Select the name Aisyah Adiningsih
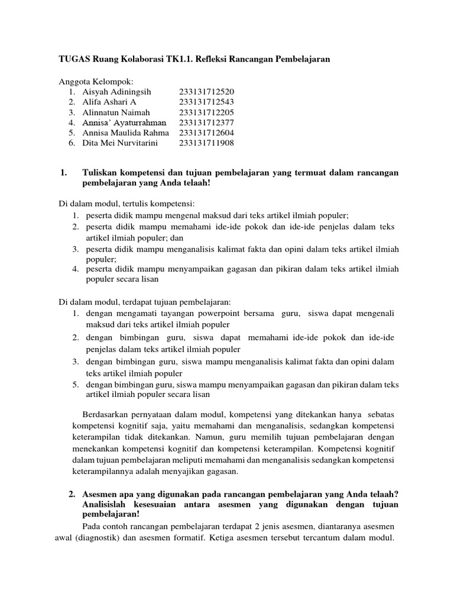pos(118,92)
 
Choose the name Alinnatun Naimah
pos(117,112)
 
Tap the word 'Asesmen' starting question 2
pos(101,493)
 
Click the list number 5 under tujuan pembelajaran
pos(76,385)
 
